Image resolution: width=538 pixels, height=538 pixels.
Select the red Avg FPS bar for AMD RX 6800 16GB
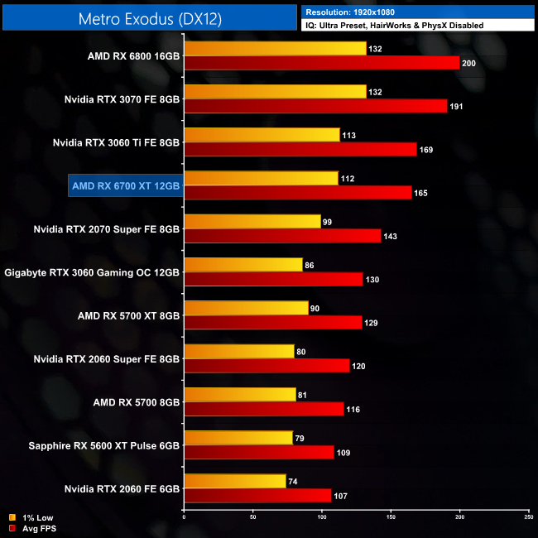(321, 63)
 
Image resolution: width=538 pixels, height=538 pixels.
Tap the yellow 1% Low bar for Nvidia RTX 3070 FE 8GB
(275, 92)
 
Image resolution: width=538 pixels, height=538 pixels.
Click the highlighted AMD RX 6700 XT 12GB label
(125, 185)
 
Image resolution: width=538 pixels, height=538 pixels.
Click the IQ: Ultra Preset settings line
(394, 26)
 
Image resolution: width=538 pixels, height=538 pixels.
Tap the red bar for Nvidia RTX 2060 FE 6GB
(257, 495)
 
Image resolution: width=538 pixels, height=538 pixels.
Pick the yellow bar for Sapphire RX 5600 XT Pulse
(238, 438)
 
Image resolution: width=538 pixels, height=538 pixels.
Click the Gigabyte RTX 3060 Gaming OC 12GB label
(93, 271)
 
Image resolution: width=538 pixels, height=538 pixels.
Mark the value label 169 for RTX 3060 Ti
(427, 150)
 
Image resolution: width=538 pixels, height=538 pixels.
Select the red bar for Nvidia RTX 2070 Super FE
(282, 236)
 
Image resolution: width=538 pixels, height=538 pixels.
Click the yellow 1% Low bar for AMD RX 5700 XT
(246, 308)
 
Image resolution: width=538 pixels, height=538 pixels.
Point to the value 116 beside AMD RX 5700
(354, 409)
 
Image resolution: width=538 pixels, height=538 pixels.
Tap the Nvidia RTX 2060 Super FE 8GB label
(107, 358)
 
